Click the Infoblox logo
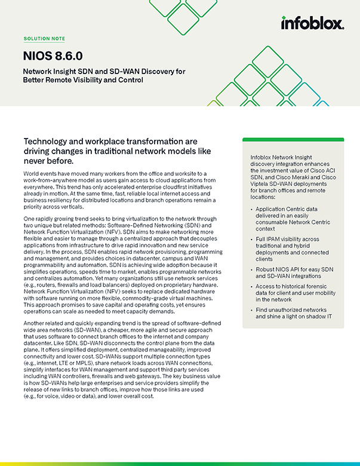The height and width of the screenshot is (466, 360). tap(312, 23)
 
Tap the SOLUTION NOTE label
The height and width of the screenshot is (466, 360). tap(44, 39)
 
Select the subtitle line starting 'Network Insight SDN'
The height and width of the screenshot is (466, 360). tap(104, 71)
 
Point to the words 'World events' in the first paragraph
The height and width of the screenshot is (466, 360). tap(37, 172)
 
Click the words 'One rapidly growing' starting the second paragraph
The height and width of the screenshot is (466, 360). tap(51, 219)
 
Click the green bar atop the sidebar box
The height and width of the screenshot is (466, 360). tap(293, 140)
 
